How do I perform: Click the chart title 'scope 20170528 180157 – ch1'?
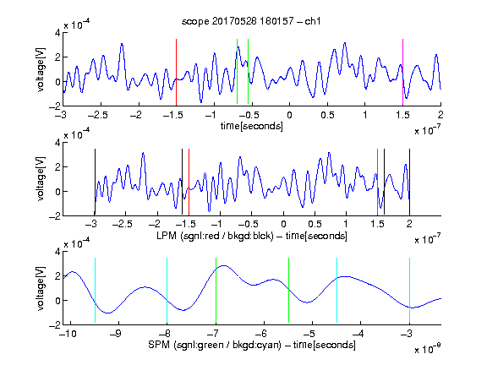click(x=251, y=21)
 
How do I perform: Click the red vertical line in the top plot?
click(x=176, y=73)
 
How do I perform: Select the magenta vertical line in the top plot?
click(x=402, y=73)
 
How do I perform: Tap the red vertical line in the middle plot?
click(x=189, y=182)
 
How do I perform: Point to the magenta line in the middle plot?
click(x=377, y=182)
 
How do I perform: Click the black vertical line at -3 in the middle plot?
click(x=95, y=182)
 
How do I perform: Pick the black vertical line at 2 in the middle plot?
click(x=409, y=182)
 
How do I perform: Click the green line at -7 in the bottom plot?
click(x=216, y=290)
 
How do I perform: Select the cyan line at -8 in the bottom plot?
click(x=167, y=290)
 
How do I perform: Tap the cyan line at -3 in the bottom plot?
click(x=409, y=290)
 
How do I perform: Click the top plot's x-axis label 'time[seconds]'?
click(x=252, y=126)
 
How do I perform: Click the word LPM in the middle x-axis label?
click(x=167, y=236)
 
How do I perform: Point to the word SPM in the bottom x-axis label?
click(x=159, y=345)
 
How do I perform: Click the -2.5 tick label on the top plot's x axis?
click(x=98, y=115)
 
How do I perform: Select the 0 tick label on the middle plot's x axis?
click(x=283, y=224)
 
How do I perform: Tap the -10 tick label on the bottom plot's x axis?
click(x=68, y=334)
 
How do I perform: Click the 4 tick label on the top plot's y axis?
click(x=57, y=33)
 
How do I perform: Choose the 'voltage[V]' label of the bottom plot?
click(x=41, y=288)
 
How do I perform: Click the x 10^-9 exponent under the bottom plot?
click(x=427, y=349)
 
